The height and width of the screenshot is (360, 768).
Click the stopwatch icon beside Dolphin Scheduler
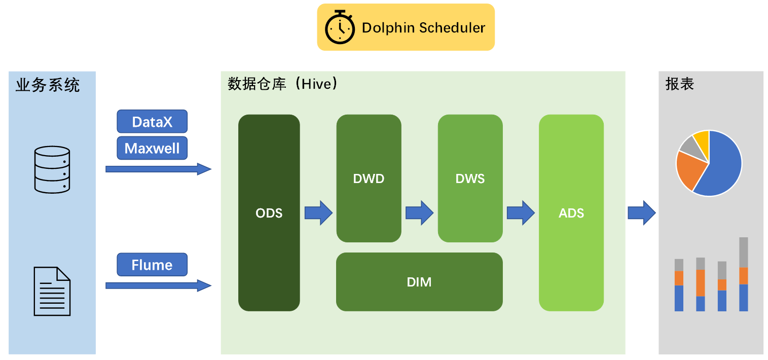point(340,27)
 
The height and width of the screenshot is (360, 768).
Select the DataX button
point(152,122)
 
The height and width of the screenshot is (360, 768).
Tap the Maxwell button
point(152,148)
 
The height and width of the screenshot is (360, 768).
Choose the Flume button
point(152,265)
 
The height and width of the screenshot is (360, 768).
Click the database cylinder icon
point(52,170)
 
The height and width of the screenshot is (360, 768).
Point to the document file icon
point(52,291)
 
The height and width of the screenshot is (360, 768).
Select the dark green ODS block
point(269,213)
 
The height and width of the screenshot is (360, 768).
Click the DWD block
point(369,178)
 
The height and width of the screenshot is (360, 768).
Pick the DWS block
point(470,178)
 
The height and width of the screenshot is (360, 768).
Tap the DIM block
point(419,282)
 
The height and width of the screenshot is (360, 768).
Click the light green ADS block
point(571,213)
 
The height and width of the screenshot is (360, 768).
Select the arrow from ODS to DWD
point(318,213)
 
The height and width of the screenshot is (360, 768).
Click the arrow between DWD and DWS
point(419,213)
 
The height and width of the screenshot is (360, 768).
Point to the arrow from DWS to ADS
point(521,213)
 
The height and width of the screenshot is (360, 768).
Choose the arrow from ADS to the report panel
point(642,213)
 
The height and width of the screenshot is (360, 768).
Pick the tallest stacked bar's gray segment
point(744,252)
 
